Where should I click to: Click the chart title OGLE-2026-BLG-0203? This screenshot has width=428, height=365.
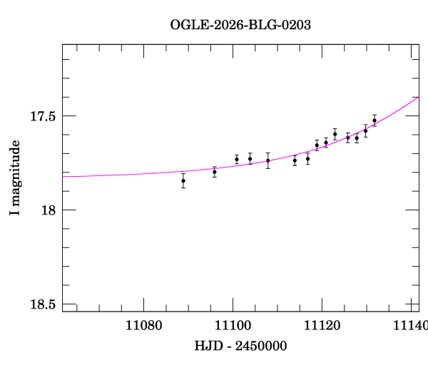tap(240, 24)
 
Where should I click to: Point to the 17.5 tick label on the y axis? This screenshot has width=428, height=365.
tap(42, 115)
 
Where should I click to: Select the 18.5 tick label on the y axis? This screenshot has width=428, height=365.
tap(42, 304)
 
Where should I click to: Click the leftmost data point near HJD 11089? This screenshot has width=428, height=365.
tap(183, 180)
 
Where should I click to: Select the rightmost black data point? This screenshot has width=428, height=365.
tap(374, 120)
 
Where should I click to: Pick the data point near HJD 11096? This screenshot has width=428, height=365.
tap(215, 172)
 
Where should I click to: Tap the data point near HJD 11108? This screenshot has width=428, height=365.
tap(268, 160)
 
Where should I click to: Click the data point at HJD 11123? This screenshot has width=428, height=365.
tap(335, 134)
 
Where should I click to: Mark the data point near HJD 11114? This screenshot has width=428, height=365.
tap(295, 160)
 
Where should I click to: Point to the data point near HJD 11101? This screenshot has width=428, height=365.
tap(237, 159)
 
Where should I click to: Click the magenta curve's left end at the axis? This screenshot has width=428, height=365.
tap(63, 176)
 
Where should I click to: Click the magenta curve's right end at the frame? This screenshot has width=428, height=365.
tap(418, 98)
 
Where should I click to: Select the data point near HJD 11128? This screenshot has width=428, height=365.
tap(357, 138)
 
